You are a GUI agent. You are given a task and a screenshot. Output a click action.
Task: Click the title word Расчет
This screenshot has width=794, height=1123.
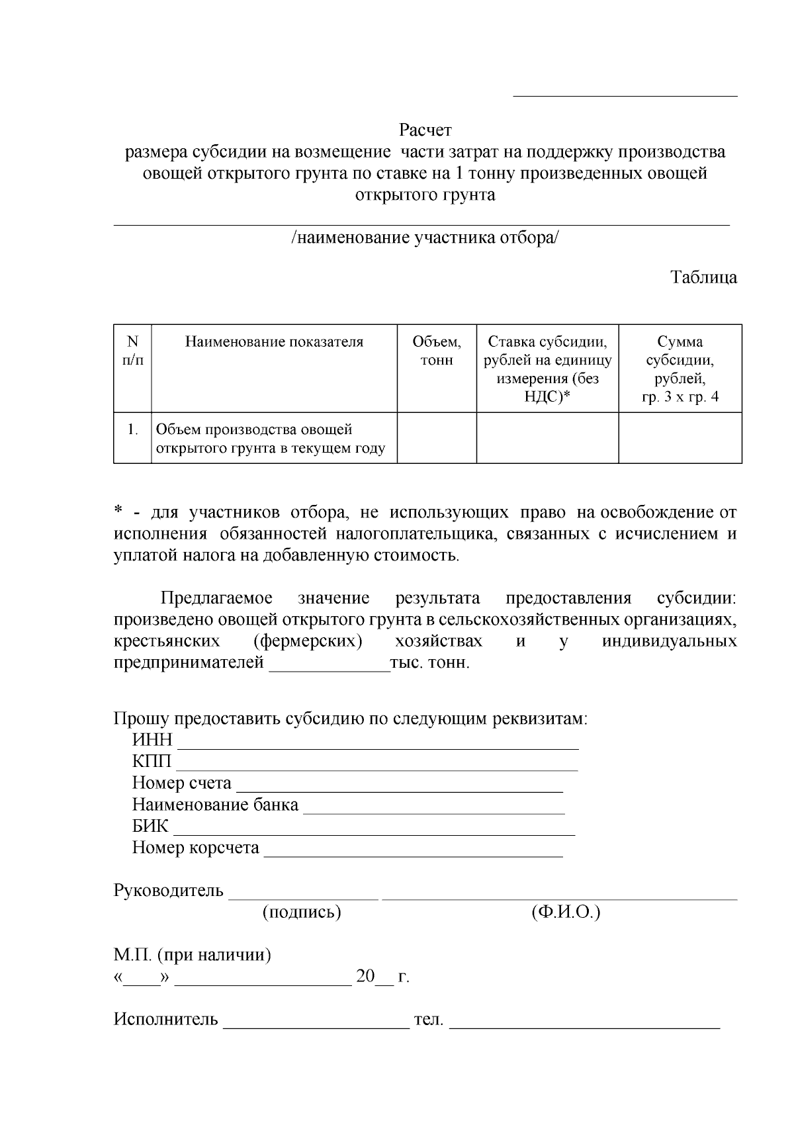pos(425,129)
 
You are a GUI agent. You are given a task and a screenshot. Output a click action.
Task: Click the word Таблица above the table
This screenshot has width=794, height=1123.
pos(703,277)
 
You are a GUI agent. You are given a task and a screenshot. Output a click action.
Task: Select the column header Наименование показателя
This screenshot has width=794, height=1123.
pos(274,342)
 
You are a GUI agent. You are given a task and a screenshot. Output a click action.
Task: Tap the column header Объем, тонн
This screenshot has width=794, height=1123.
pos(436,351)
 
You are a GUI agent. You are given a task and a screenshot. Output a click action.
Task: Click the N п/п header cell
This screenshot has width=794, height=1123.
pos(132,351)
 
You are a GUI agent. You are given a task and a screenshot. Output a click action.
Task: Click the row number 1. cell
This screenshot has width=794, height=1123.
pos(132,429)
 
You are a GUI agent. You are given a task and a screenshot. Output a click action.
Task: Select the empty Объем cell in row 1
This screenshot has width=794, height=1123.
pos(436,437)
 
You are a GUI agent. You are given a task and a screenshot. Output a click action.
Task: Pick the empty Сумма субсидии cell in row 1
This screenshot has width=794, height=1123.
pos(680,437)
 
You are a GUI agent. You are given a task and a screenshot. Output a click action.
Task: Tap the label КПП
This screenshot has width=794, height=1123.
pos(152,762)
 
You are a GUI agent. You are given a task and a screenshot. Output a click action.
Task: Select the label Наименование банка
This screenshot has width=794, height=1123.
pos(215,805)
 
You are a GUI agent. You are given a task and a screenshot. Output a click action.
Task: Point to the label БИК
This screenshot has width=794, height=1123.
pos(150,827)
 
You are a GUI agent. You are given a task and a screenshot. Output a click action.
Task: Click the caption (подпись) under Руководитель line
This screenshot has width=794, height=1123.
pos(302,913)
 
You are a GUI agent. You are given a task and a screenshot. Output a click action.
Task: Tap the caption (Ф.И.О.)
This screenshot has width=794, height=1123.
pos(565,913)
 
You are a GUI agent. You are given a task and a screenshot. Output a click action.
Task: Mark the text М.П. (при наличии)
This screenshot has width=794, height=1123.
pos(192,955)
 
